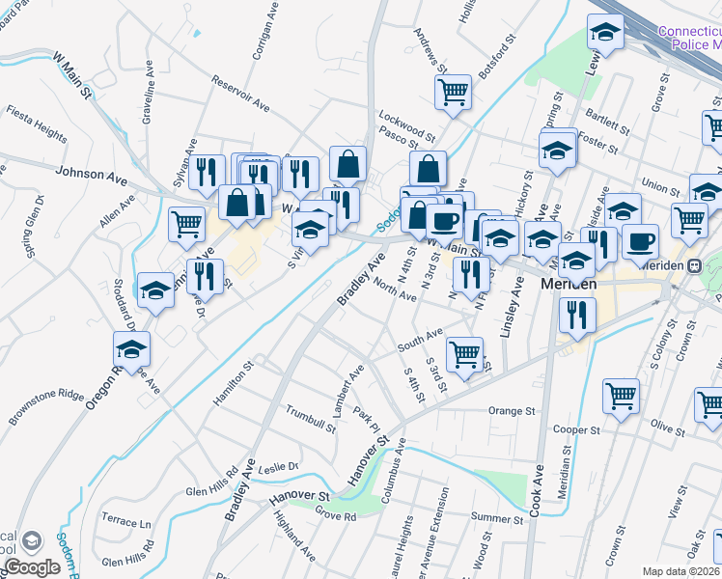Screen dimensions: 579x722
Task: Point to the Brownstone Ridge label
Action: [x=47, y=406]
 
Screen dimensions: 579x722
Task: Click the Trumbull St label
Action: [x=310, y=418]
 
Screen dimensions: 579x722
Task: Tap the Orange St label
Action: [x=511, y=411]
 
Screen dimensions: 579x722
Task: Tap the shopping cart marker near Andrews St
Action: [x=453, y=93]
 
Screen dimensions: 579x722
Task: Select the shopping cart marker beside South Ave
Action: [x=465, y=353]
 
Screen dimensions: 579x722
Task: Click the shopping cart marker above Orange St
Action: [x=621, y=395]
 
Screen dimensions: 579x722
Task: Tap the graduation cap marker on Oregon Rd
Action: [x=132, y=348]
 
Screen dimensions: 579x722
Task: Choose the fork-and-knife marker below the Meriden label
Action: [x=577, y=313]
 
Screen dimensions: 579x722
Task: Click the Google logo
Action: [x=31, y=568]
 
